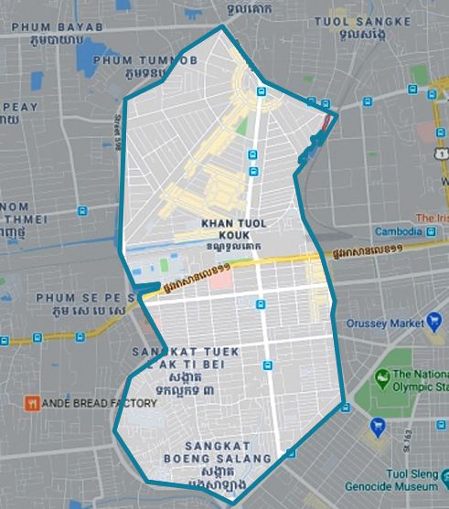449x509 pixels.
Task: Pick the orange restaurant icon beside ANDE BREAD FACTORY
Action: [x=31, y=403]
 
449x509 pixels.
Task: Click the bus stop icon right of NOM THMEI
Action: [x=82, y=211]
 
